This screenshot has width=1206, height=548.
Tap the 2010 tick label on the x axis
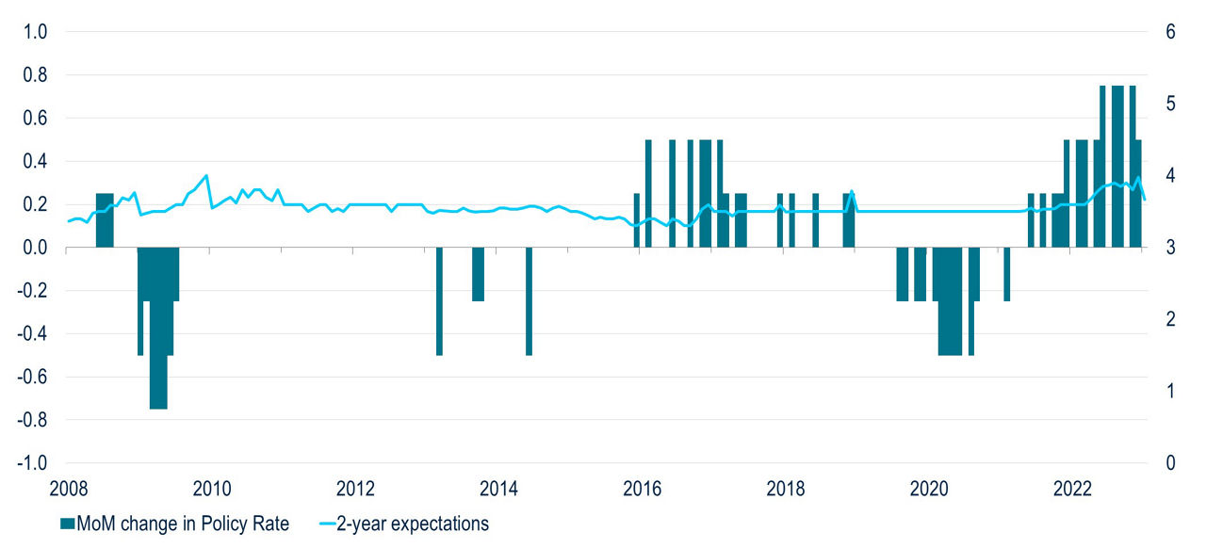pos(210,489)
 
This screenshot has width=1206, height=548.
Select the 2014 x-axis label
pos(497,489)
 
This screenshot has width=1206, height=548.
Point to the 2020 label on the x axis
pos(928,489)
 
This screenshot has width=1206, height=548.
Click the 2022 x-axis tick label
pos(1071,489)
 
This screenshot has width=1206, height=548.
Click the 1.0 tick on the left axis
pos(35,32)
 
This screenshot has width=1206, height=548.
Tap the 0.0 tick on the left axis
pos(35,248)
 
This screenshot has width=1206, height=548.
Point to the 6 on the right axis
pos(1171,32)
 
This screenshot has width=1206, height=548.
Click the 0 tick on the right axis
pos(1171,463)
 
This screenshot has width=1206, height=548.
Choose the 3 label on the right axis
pos(1171,248)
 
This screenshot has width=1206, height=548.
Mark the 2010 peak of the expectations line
pos(206,176)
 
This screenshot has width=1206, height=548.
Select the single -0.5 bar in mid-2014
pos(529,301)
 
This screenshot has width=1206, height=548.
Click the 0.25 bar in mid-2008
pos(105,220)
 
